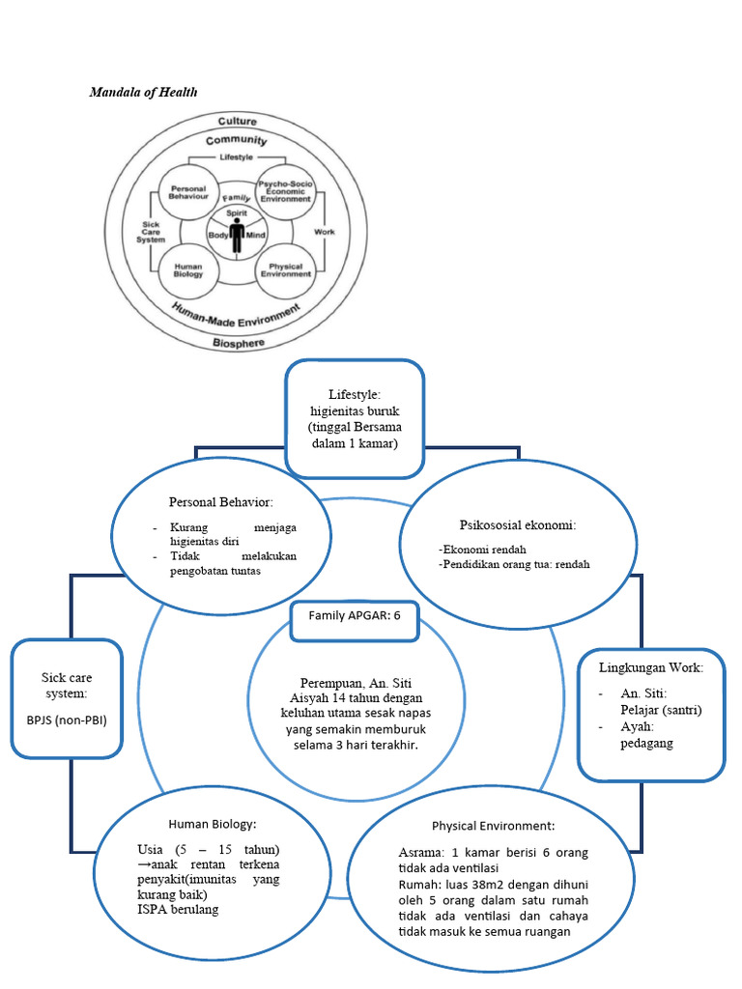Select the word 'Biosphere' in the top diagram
(238, 342)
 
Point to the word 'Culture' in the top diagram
(237, 122)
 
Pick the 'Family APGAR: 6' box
(354, 616)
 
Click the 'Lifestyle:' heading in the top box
(355, 395)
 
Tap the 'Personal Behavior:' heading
(220, 503)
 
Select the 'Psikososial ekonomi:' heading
(517, 524)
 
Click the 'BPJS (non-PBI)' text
(67, 720)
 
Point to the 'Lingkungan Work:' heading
(650, 667)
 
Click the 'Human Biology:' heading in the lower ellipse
(212, 824)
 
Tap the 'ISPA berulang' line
(179, 909)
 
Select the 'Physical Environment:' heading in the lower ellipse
(493, 827)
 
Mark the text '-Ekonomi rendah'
(481, 549)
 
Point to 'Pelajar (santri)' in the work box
(661, 710)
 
